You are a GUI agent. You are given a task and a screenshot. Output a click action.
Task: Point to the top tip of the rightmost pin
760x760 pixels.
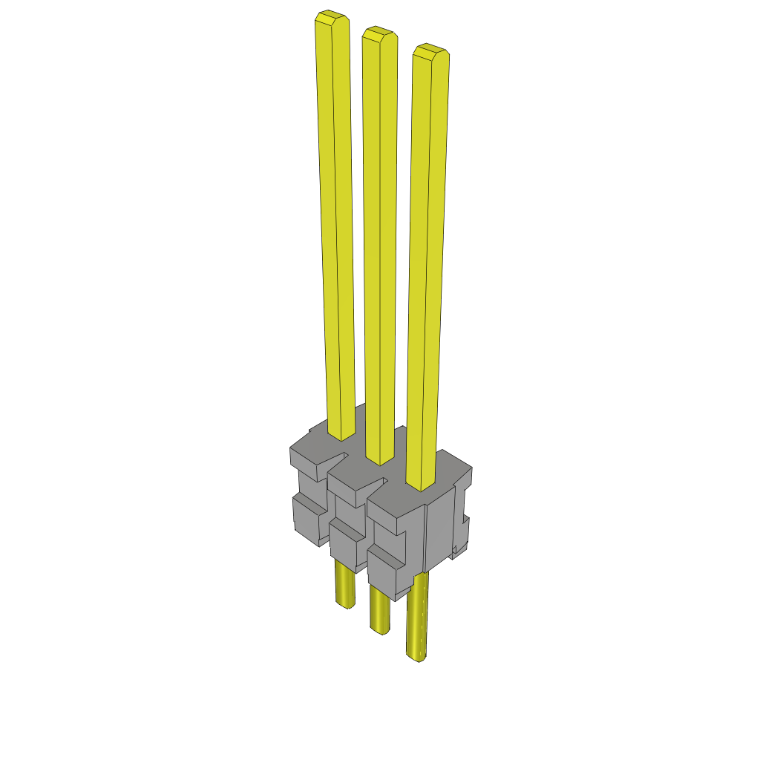[x=430, y=50]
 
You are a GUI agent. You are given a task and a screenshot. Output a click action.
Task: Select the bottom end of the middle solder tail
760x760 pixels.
[x=381, y=630]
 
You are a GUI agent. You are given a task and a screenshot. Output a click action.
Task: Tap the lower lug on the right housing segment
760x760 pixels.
[x=384, y=569]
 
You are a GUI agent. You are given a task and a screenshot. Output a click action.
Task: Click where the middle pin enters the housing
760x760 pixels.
[x=380, y=460]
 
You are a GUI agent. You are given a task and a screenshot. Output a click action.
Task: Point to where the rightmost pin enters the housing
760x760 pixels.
[x=421, y=486]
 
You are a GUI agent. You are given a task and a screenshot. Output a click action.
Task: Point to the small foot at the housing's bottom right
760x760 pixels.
[x=458, y=549]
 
